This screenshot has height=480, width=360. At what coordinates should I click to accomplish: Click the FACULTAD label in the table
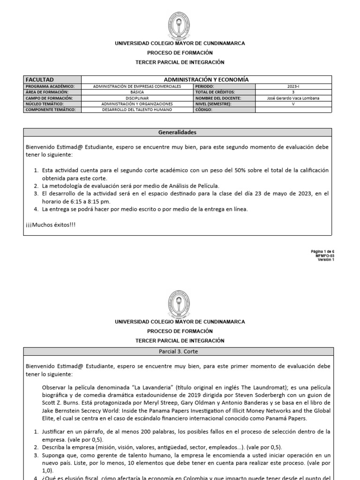(x=40, y=80)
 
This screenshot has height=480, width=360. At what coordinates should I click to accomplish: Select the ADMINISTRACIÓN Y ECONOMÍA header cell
(x=206, y=80)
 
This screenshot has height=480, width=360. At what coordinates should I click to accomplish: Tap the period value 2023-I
(x=293, y=87)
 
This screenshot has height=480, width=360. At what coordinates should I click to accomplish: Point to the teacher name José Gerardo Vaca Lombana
(x=293, y=98)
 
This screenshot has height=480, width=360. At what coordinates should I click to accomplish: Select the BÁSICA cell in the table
(x=137, y=92)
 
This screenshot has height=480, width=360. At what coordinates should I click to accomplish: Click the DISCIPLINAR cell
(x=137, y=98)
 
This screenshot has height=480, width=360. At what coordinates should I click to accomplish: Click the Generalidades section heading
(x=177, y=133)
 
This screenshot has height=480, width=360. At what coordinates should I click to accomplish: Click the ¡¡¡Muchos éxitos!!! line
(x=51, y=225)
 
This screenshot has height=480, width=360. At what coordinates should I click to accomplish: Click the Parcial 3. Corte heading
(x=177, y=351)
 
